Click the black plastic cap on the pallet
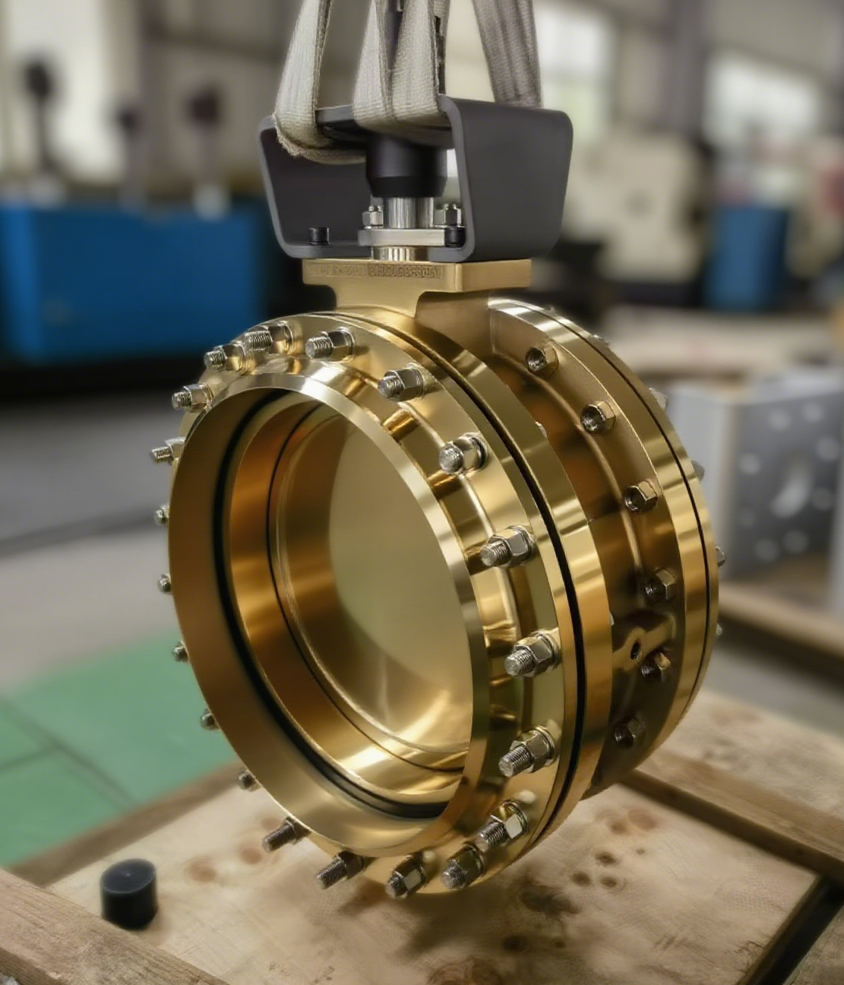128,890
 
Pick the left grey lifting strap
304,68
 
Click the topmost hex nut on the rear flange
542,358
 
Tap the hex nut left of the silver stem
372,217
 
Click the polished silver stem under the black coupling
403,209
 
